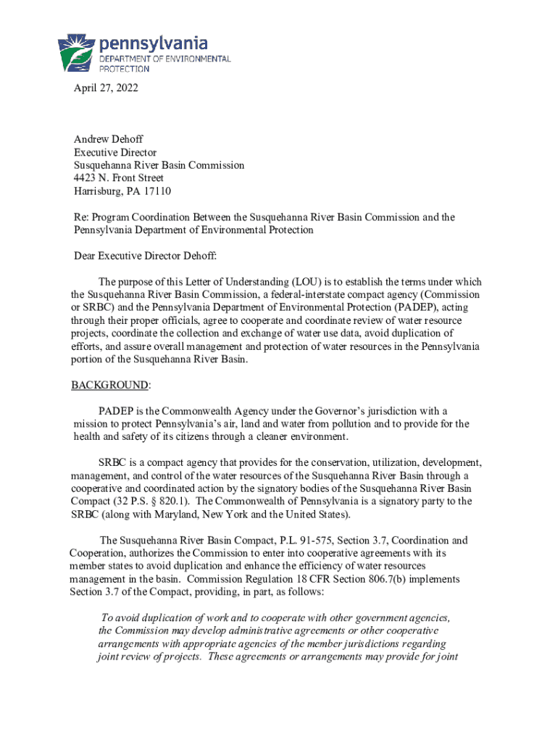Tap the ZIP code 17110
pyautogui.click(x=157, y=191)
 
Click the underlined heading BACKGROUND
pyautogui.click(x=109, y=384)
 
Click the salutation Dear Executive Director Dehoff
pyautogui.click(x=145, y=256)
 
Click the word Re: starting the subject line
pyautogui.click(x=82, y=217)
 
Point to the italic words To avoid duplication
pyautogui.click(x=148, y=618)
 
